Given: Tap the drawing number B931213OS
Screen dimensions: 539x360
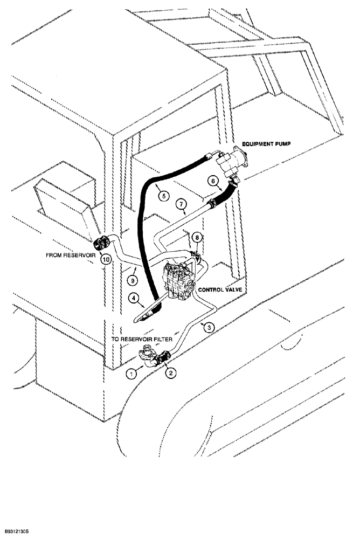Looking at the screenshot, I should [x=19, y=531].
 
